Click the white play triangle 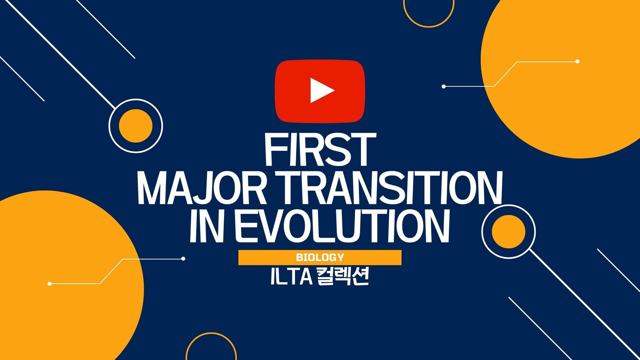(321, 90)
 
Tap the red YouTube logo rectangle (320, 91)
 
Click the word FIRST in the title (320, 150)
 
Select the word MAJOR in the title (202, 188)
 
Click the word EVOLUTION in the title (342, 226)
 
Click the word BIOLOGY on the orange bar (320, 258)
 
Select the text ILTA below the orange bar (292, 277)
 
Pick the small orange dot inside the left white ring (136, 126)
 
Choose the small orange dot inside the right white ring (508, 232)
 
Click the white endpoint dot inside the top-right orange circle (578, 62)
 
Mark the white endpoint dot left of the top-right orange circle (444, 86)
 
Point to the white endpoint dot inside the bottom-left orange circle (50, 284)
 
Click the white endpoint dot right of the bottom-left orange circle (183, 259)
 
